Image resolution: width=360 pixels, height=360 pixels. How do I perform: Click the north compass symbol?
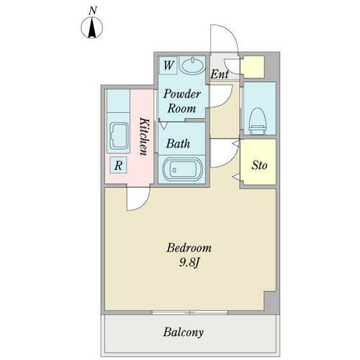[x=92, y=27]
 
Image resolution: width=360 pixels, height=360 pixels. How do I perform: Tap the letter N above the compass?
[x=92, y=11]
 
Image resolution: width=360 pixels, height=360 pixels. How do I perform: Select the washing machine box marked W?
[x=168, y=66]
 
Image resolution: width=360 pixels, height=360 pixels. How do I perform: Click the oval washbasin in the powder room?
[x=192, y=65]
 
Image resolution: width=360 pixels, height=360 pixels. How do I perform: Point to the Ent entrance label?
[x=220, y=74]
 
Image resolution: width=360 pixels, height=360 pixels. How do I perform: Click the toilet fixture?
[x=258, y=121]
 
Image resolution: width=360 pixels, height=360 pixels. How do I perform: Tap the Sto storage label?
[x=259, y=166]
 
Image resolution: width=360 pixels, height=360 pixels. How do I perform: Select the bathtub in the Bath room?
[x=183, y=170]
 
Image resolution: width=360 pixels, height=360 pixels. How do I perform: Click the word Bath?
[x=178, y=144]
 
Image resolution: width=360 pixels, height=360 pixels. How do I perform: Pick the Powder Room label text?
[x=182, y=101]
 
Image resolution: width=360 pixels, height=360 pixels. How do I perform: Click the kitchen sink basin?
[x=119, y=136]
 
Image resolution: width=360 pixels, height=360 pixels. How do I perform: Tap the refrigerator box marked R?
[x=118, y=165]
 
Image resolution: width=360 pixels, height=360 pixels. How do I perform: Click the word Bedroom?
[x=189, y=248]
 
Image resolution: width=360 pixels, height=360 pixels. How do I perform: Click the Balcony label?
[x=184, y=333]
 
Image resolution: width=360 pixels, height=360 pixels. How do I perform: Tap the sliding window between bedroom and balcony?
[x=190, y=312]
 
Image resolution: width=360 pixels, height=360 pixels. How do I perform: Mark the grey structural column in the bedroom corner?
[x=270, y=301]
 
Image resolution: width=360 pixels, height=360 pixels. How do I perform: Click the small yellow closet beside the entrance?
[x=253, y=67]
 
